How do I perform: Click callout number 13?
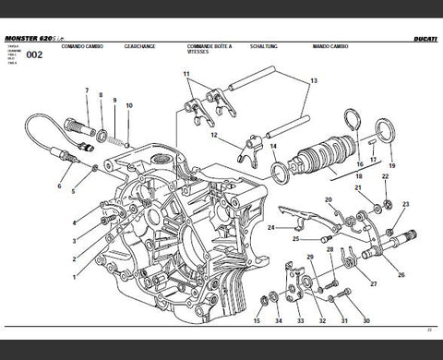(x=313, y=81)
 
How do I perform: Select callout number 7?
(x=86, y=90)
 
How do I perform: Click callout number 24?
(x=270, y=227)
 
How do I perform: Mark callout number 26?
(x=401, y=275)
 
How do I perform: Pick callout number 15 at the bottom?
(x=257, y=320)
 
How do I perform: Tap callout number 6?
(x=61, y=186)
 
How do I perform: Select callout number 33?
(x=300, y=320)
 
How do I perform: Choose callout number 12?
(x=212, y=135)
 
